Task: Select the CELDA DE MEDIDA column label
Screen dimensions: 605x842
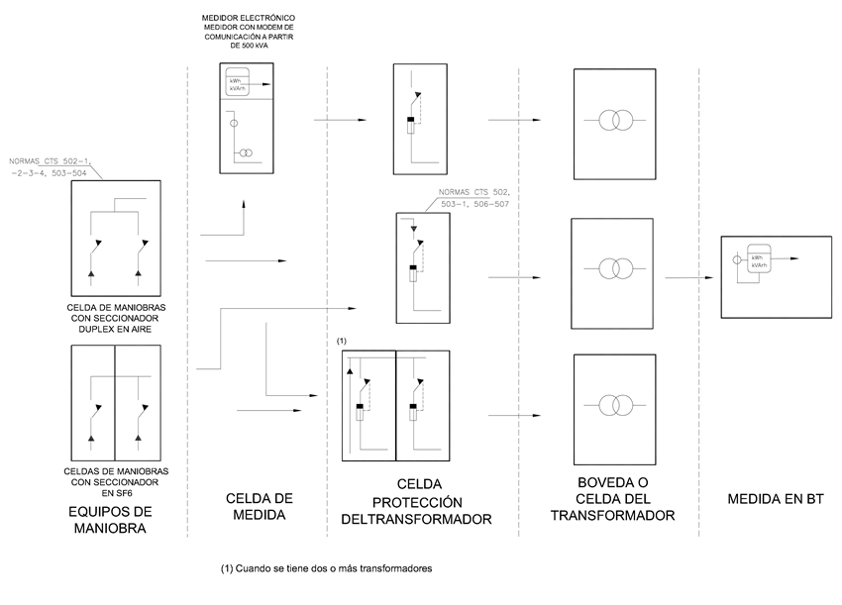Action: pyautogui.click(x=257, y=506)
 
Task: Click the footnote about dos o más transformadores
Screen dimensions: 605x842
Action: pyautogui.click(x=327, y=569)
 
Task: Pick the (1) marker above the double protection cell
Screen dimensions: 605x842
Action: pyautogui.click(x=342, y=341)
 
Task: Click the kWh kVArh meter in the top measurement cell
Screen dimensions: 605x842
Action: pyautogui.click(x=238, y=84)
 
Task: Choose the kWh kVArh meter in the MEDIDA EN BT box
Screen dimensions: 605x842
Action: pyautogui.click(x=762, y=261)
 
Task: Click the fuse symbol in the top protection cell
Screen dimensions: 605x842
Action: pyautogui.click(x=410, y=126)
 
